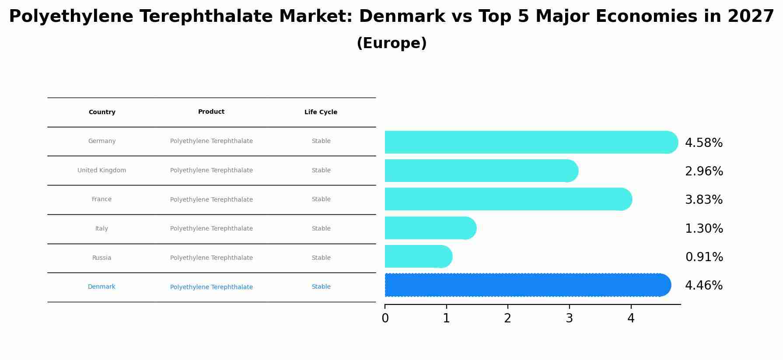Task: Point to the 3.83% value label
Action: [x=703, y=200]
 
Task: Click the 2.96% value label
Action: [x=703, y=171]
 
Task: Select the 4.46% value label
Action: [x=703, y=286]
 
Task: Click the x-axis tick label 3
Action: [x=569, y=318]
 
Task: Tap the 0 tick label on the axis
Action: [x=385, y=318]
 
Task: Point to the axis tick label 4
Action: [x=630, y=318]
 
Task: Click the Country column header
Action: [x=102, y=112]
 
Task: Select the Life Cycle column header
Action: [x=321, y=112]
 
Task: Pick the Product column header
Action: [x=211, y=112]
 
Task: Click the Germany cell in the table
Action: [x=102, y=141]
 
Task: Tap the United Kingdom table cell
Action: [x=101, y=171]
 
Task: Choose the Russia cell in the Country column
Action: [x=101, y=258]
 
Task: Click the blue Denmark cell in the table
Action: [x=101, y=287]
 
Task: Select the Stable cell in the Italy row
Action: [x=321, y=229]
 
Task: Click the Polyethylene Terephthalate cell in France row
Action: [x=211, y=200]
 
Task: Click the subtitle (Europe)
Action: [x=391, y=43]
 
